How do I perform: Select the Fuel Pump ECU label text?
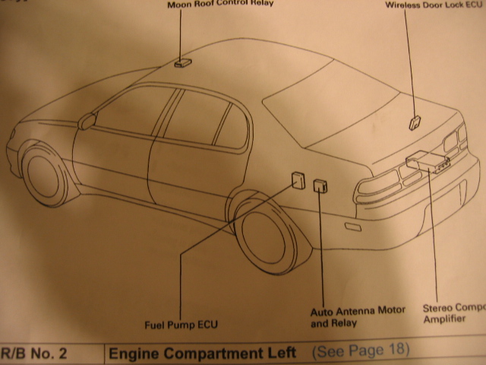(181, 325)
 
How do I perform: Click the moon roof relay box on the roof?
(183, 63)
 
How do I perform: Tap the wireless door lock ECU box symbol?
(415, 121)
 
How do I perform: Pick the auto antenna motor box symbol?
(320, 186)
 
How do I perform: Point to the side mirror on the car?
(89, 120)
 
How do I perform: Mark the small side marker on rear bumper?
(355, 227)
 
